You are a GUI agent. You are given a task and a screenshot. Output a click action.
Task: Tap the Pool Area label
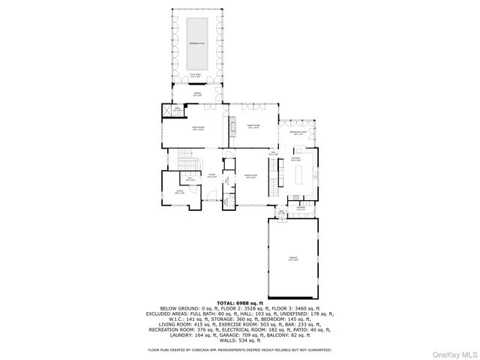[196, 76]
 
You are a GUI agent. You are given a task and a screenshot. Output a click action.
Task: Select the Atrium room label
[197, 94]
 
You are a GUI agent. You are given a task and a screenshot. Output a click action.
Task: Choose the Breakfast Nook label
[298, 133]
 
